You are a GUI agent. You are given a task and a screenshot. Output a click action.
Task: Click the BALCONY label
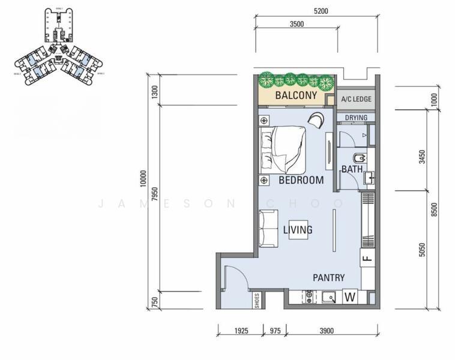(296, 95)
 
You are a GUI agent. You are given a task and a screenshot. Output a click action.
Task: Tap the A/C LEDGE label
(356, 99)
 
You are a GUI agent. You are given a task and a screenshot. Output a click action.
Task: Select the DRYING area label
(356, 118)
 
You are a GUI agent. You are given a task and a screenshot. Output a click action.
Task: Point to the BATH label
(352, 170)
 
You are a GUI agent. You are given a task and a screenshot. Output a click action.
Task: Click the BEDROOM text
(301, 180)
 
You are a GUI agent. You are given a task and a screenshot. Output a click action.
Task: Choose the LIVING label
(298, 230)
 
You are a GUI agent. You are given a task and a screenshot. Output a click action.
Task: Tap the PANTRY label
(328, 278)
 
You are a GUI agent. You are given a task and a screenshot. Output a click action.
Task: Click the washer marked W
(350, 296)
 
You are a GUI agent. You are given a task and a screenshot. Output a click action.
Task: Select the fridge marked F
(366, 259)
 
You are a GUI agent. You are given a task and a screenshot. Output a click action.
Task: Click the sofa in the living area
(268, 229)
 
